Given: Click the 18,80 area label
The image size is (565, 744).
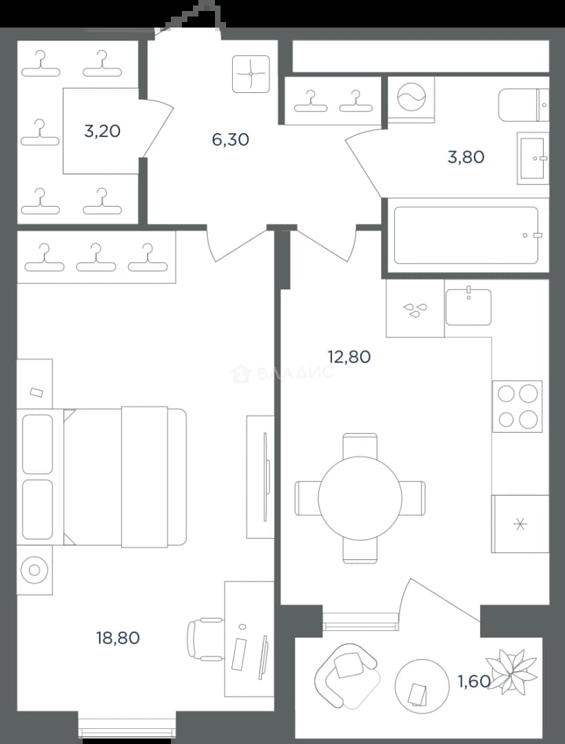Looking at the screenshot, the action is (x=118, y=638).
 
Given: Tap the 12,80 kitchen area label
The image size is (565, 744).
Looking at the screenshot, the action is (x=349, y=356).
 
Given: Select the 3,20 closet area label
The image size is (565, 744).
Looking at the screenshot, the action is (x=102, y=131).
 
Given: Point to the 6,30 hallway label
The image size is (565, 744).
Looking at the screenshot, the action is (x=231, y=140).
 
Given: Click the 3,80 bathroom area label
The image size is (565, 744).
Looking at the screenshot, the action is (x=466, y=157).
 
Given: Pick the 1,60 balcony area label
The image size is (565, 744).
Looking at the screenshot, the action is (x=473, y=681).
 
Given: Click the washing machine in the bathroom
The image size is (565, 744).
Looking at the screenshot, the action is (x=411, y=100).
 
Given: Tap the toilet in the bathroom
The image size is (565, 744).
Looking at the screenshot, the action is (x=523, y=105).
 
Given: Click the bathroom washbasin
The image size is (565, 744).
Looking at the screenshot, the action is (x=533, y=158).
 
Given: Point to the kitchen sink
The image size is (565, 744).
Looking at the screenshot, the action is (x=469, y=307).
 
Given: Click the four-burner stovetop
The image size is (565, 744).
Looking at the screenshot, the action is (x=517, y=406).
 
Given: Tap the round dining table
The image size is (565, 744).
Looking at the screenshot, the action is (x=360, y=498).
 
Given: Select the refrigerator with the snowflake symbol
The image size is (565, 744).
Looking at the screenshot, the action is (x=520, y=524).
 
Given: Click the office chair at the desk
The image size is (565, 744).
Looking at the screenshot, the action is (x=206, y=639).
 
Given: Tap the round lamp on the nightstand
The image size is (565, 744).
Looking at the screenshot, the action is (x=34, y=570).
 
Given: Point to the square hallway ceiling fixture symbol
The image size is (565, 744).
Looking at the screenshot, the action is (x=251, y=74).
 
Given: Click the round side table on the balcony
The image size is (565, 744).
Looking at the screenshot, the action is (x=422, y=685).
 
